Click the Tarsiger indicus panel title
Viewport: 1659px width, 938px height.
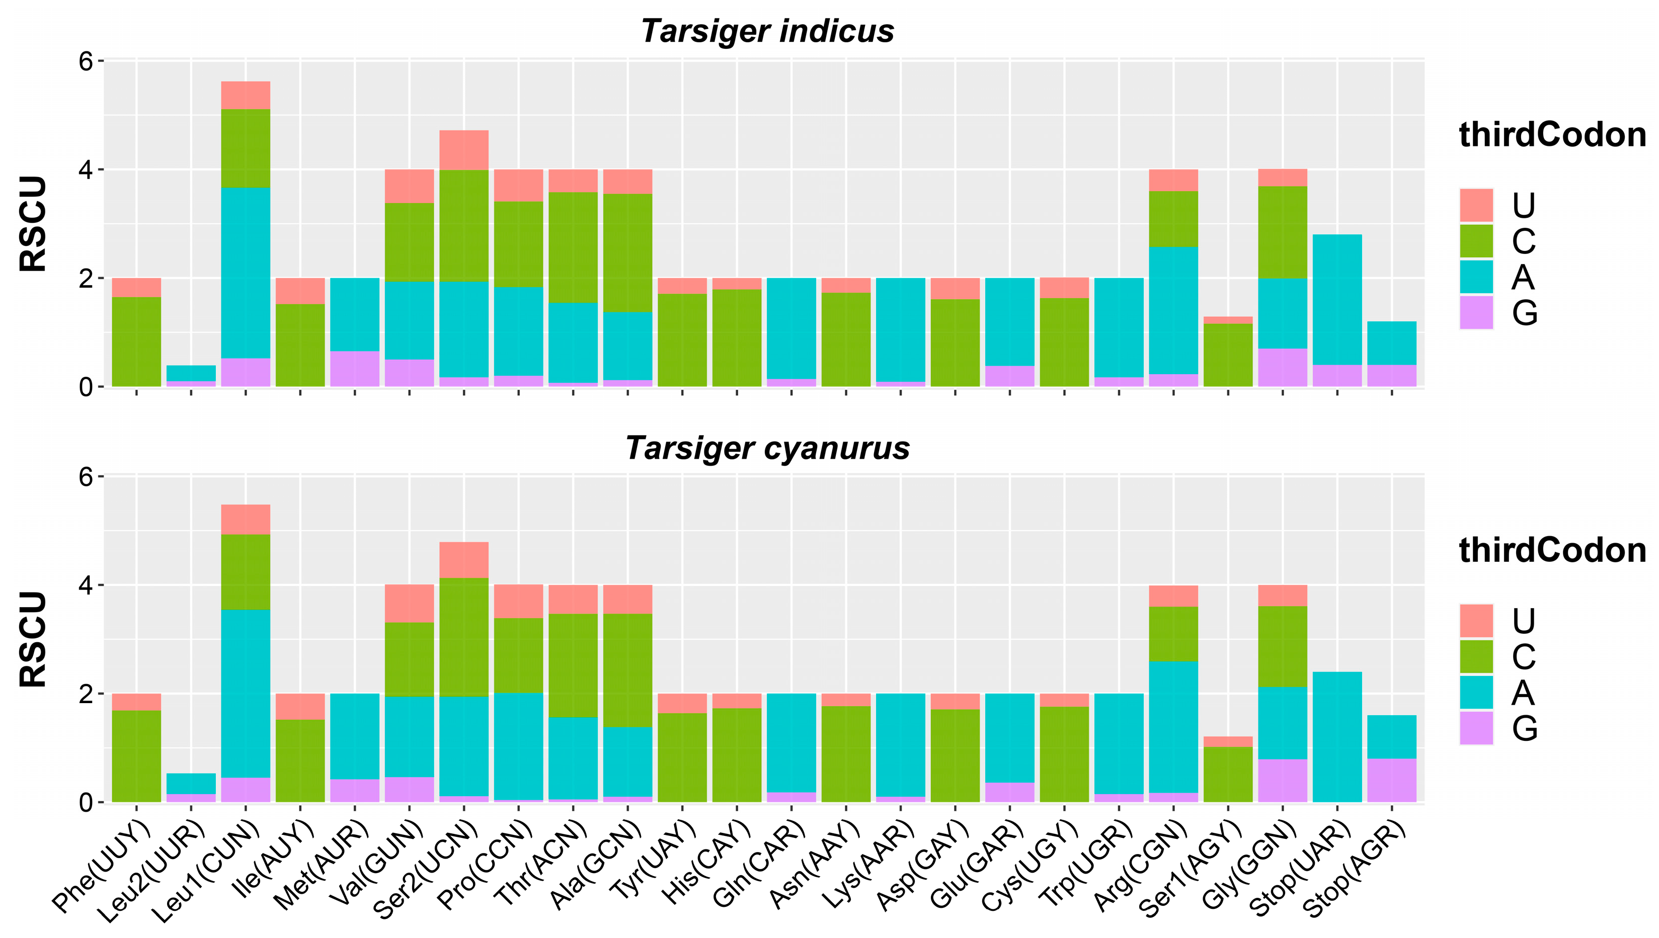click(767, 31)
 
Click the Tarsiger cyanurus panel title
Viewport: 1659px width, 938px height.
click(767, 448)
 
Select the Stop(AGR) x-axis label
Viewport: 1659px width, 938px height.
click(1354, 870)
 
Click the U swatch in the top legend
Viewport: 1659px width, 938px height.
click(1476, 206)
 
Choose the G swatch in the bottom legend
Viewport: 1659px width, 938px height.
click(1476, 728)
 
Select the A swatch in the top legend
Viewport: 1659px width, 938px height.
click(1476, 277)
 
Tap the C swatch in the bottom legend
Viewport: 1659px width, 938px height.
click(1476, 656)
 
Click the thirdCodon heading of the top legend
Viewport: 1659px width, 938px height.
click(1552, 135)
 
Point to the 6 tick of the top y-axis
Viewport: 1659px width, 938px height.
click(87, 61)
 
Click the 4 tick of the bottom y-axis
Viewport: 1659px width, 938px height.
click(87, 585)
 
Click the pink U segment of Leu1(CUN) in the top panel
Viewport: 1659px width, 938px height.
click(246, 96)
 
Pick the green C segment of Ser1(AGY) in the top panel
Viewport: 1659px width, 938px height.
click(1228, 354)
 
